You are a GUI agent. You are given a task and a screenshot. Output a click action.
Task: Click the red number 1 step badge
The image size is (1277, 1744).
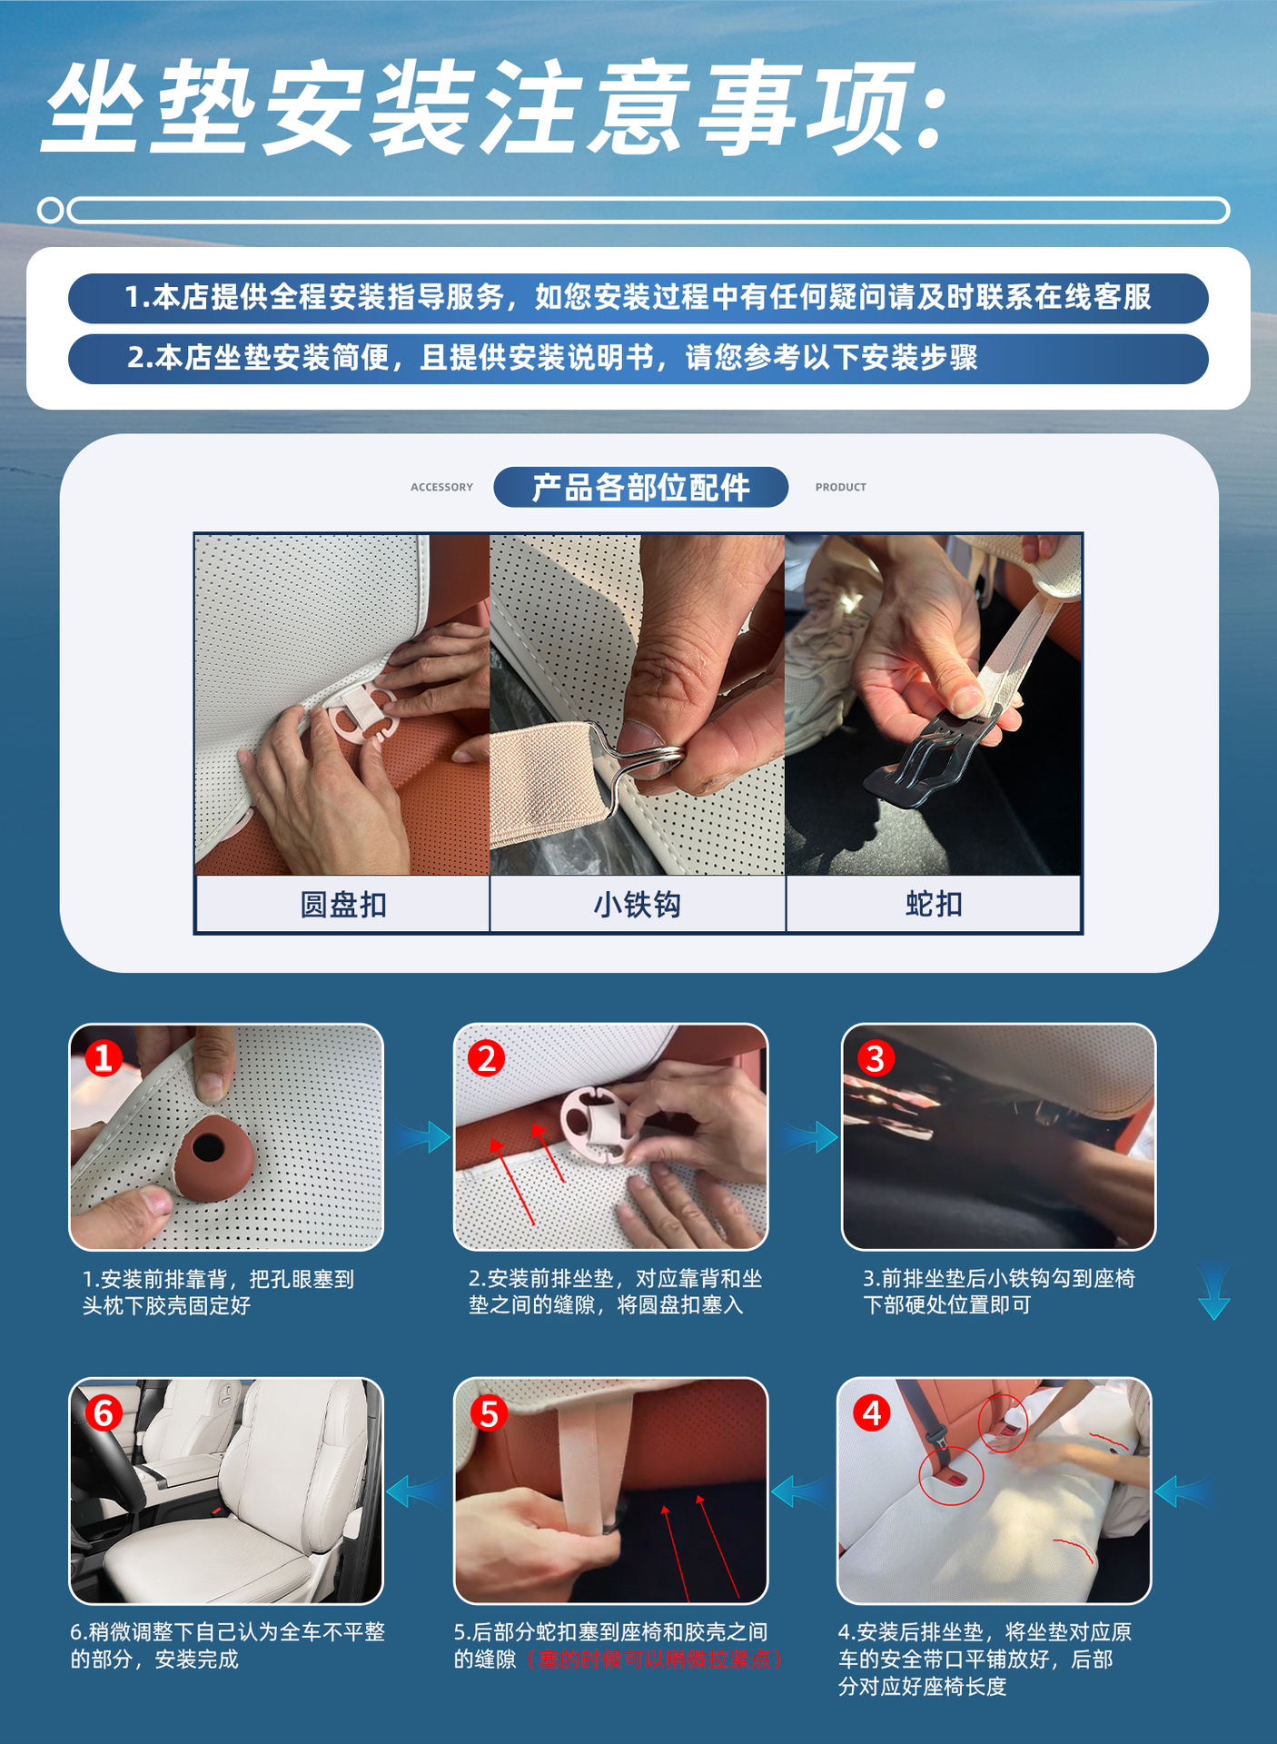tap(104, 1057)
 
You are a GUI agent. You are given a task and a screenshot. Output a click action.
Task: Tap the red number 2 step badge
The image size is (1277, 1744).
tap(487, 1058)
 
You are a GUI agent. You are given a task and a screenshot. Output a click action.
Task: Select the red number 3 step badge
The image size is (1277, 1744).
tap(875, 1058)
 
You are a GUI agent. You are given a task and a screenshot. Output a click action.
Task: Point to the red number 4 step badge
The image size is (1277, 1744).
tap(872, 1412)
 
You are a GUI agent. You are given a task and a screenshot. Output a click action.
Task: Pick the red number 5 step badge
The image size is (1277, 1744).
tap(489, 1413)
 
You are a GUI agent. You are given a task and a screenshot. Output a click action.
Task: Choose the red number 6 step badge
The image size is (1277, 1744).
tap(104, 1413)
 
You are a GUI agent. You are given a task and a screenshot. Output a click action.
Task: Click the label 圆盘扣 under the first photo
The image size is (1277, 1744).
tap(343, 905)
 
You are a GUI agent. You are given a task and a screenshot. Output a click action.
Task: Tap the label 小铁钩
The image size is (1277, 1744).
tap(637, 905)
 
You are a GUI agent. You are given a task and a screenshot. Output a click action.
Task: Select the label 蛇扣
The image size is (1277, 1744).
tap(934, 904)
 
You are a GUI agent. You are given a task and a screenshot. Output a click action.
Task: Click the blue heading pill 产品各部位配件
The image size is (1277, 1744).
tap(640, 487)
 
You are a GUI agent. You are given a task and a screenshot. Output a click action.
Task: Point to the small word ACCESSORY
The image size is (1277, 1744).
tap(441, 487)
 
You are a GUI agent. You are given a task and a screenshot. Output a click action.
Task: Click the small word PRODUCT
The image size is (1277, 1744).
tap(840, 487)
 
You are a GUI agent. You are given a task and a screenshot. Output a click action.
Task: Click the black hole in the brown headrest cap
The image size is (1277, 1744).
tap(209, 1147)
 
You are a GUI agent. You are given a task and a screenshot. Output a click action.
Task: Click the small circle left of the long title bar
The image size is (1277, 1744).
tap(51, 210)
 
